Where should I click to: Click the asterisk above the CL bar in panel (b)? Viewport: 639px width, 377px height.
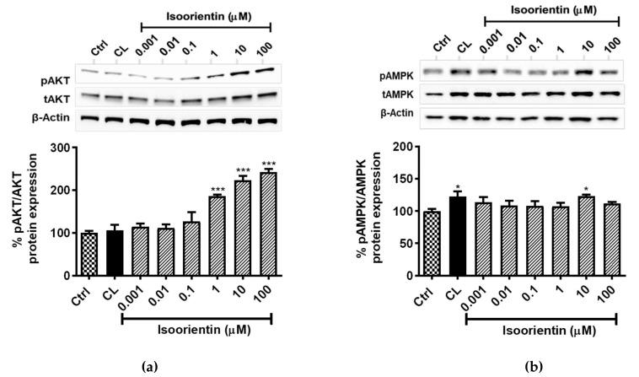point(459,186)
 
